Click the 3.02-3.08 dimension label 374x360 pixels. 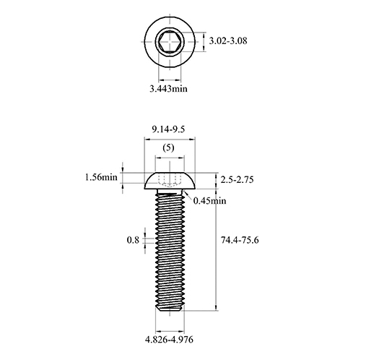tap(228, 40)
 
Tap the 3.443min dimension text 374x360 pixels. tap(168, 89)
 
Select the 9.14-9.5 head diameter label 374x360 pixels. tap(168, 129)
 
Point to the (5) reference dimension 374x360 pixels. tap(168, 147)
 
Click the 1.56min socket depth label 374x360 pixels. tap(101, 177)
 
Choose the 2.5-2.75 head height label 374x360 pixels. tap(237, 180)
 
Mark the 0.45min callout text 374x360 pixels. tap(210, 201)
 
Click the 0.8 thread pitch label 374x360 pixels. tap(133, 240)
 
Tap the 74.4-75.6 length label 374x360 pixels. tap(240, 240)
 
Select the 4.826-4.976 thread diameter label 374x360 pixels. tap(169, 340)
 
